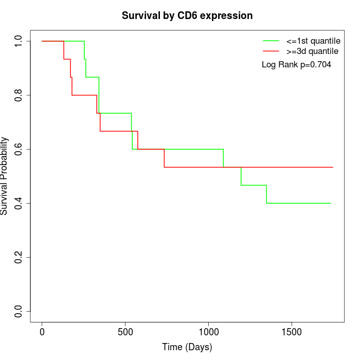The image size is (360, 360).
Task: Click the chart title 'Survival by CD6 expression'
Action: tap(187, 16)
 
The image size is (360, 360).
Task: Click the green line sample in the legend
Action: tap(271, 41)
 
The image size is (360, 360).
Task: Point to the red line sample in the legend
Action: tap(271, 51)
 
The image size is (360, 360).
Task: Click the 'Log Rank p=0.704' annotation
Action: tap(296, 65)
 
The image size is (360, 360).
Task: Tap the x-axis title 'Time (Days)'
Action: tap(187, 347)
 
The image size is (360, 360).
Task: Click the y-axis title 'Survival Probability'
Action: tap(5, 176)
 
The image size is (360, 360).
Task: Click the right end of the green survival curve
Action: tap(330, 203)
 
